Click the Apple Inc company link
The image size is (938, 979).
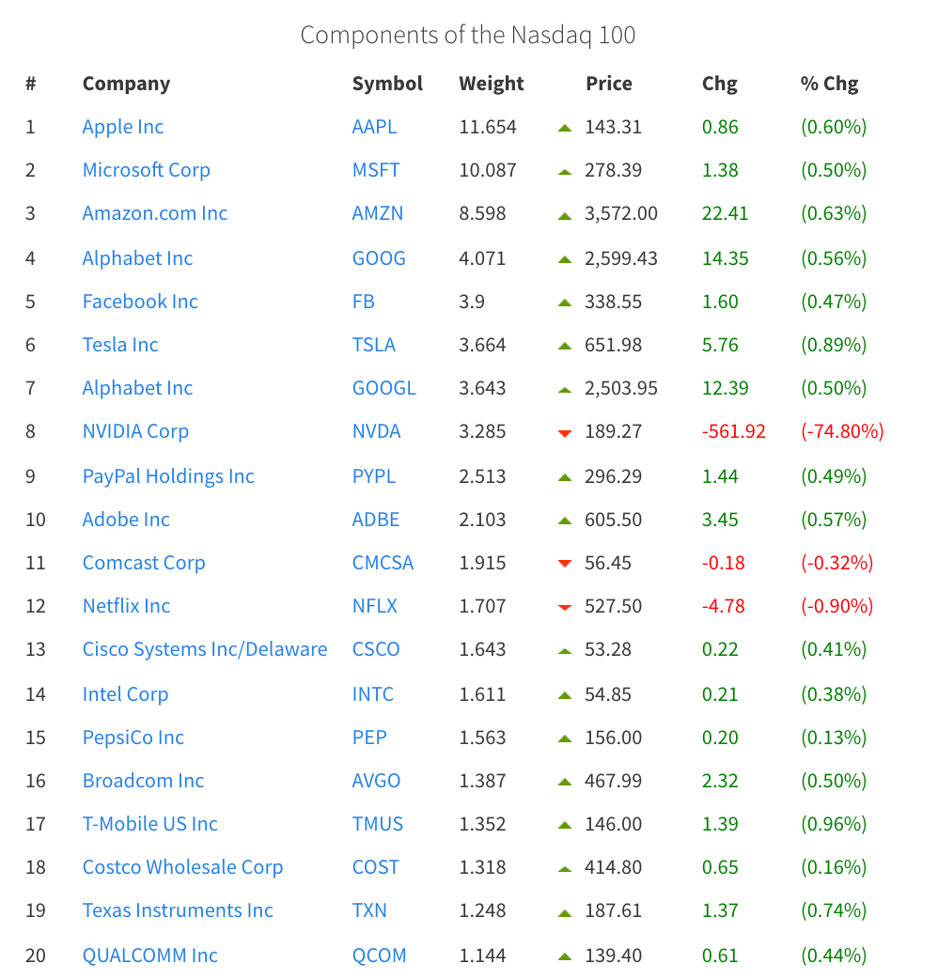point(123,127)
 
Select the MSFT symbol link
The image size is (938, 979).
point(376,170)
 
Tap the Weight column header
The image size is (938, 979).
point(492,84)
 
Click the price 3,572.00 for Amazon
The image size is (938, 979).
point(621,213)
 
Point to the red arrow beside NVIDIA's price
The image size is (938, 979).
point(565,433)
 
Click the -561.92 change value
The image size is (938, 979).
point(734,431)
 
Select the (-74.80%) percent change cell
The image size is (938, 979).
point(842,431)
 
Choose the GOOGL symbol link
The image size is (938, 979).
point(383,388)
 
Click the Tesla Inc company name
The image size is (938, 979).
point(120,345)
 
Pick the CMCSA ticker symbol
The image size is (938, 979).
point(383,563)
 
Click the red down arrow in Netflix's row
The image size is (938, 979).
point(565,608)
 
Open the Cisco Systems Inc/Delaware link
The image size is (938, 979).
point(205,649)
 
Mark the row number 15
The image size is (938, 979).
point(36,738)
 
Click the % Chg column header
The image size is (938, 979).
point(829,84)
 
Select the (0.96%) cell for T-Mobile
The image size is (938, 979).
point(834,824)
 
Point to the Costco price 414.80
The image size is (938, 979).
point(614,867)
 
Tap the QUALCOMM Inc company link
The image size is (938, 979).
point(150,956)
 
